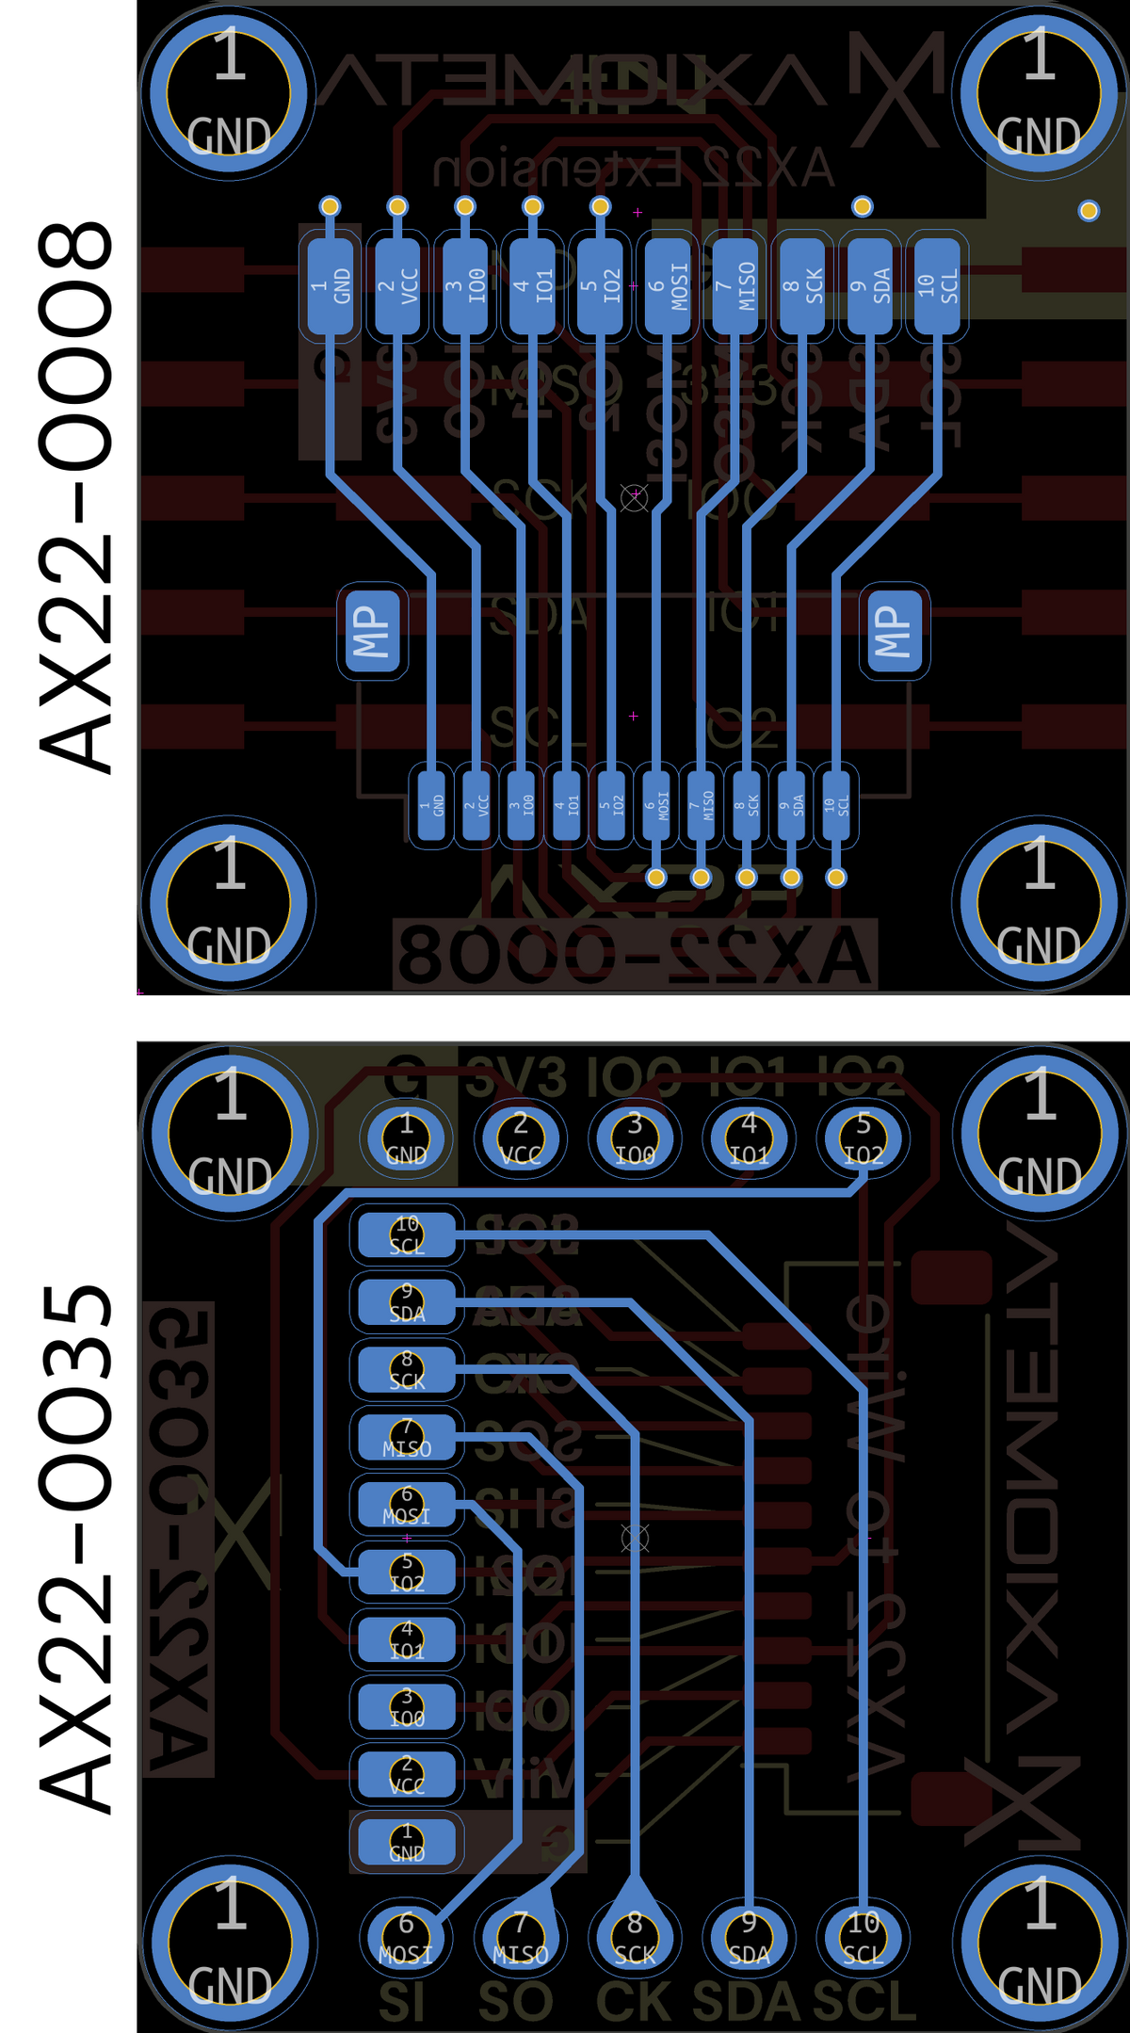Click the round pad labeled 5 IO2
click(x=863, y=1138)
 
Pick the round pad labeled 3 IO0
click(x=635, y=1138)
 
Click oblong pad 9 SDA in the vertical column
click(x=407, y=1302)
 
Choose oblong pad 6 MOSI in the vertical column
click(x=407, y=1505)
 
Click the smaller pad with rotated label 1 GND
click(x=431, y=805)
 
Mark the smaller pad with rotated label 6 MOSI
click(x=656, y=805)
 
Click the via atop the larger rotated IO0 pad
click(x=465, y=206)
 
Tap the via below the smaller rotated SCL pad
click(x=835, y=878)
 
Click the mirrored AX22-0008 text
click(x=636, y=957)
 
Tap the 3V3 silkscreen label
click(x=516, y=1077)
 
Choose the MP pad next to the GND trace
click(x=372, y=630)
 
